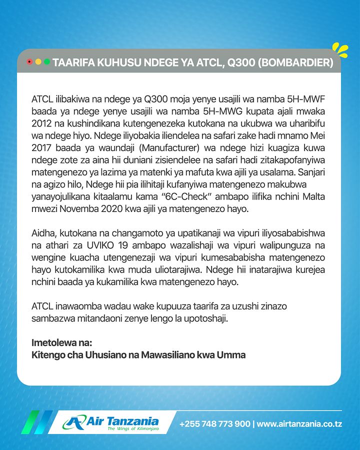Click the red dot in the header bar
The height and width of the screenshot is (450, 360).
29,61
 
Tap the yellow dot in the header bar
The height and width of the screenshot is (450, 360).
38,61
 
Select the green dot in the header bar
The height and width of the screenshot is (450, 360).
47,61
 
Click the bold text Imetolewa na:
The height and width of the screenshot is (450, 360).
62,343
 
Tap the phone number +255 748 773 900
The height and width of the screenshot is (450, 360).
215,424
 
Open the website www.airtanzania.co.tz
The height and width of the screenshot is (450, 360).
299,424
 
